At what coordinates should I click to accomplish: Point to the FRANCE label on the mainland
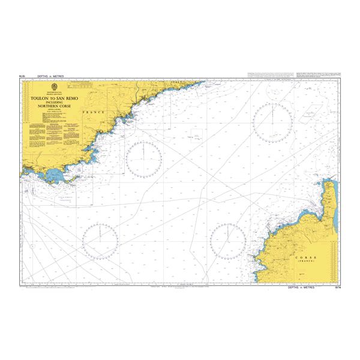point(95,112)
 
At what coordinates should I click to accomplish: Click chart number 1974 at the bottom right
point(336,288)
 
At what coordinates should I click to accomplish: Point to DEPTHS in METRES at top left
point(50,77)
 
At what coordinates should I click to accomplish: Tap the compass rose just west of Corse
point(228,241)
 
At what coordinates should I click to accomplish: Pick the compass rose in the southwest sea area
point(100,241)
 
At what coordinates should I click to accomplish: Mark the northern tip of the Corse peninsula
point(329,179)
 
